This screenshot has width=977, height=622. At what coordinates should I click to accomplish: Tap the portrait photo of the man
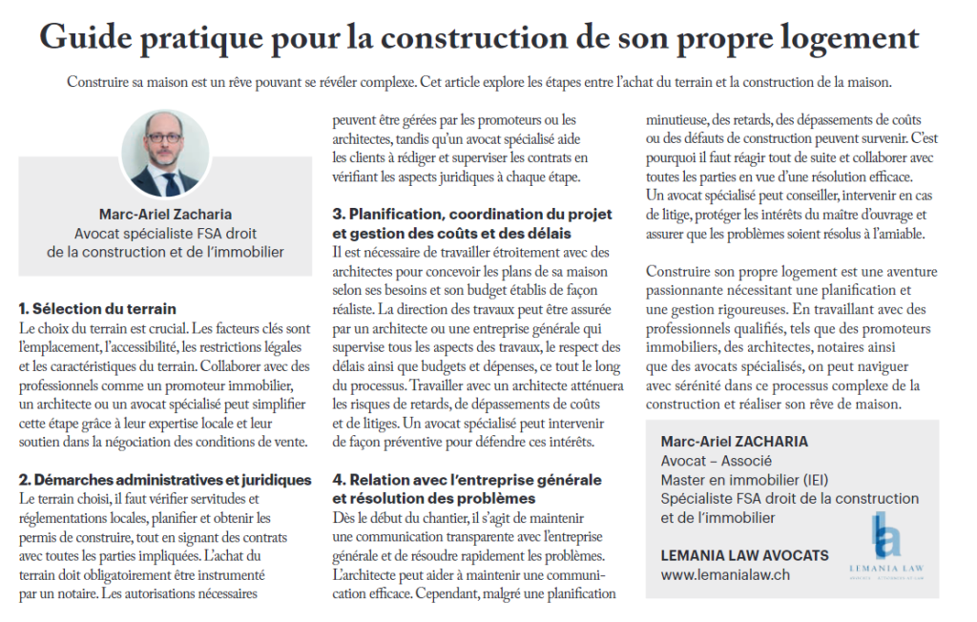coord(165,153)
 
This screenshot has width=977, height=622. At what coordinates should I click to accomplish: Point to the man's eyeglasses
coord(165,137)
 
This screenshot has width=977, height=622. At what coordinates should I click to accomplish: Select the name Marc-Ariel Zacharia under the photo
coord(165,215)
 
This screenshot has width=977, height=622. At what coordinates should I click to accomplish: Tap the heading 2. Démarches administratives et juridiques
coord(165,479)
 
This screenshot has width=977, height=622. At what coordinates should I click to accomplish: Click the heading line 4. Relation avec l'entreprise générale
coord(467,479)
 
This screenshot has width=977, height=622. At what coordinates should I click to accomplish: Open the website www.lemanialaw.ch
coord(725,575)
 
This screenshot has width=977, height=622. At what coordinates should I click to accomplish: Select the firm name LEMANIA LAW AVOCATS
coord(744,555)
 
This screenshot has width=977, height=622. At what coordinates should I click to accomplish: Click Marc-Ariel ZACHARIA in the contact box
coord(734,442)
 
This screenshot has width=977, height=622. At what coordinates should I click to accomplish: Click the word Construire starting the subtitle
coord(100,82)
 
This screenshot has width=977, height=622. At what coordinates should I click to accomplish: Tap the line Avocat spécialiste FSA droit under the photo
coord(165,234)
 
